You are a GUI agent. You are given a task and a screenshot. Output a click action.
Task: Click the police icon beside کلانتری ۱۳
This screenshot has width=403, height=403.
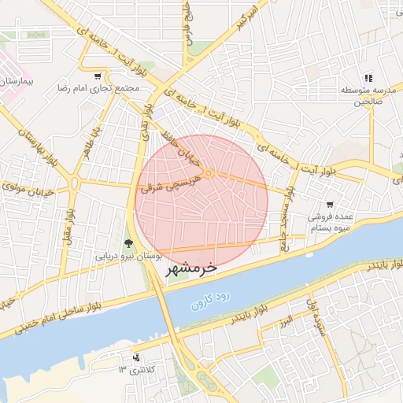[136, 357]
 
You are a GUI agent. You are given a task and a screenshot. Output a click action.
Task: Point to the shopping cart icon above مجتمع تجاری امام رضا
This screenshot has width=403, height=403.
[97, 76]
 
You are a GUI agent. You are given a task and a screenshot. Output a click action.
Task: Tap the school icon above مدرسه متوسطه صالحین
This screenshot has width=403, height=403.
[368, 77]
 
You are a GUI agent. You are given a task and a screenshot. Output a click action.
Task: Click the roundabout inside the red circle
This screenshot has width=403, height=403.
[209, 173]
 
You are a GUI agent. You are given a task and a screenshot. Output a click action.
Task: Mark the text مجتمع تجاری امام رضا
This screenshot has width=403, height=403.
[98, 88]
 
